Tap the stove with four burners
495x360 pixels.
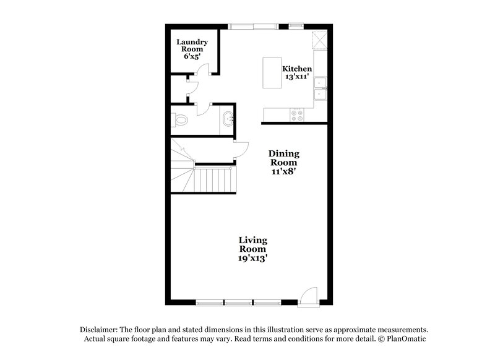[298, 114]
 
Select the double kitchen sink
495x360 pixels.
[320, 89]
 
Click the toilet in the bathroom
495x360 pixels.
[180, 120]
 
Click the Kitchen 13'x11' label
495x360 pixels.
[297, 74]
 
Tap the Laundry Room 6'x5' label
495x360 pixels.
[192, 49]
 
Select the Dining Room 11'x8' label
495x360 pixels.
[283, 163]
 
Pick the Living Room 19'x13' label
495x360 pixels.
[253, 248]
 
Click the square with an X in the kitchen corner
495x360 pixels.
[320, 40]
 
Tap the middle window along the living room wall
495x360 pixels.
[239, 303]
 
